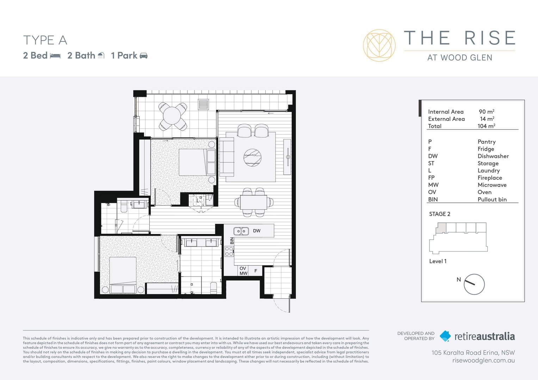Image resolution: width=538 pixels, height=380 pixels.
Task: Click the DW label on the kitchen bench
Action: click(x=256, y=231)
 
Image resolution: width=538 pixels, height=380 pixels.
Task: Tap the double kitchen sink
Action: click(x=241, y=231)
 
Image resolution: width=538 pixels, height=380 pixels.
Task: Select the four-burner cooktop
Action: click(x=229, y=251)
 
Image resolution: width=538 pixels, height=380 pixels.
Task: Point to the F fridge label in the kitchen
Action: click(x=256, y=271)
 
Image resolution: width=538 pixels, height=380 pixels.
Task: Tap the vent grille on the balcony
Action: click(x=203, y=104)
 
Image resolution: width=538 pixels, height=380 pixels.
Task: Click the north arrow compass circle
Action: click(x=474, y=284)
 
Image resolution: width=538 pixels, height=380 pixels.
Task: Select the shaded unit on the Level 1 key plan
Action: click(x=441, y=228)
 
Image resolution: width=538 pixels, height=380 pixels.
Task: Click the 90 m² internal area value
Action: click(x=486, y=112)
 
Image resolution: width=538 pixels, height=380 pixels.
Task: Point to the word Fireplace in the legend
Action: click(x=490, y=178)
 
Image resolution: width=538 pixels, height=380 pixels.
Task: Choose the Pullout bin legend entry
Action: click(x=492, y=199)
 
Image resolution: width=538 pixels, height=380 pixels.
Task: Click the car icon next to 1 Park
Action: click(x=144, y=56)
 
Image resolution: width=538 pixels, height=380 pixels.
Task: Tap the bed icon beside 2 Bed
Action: click(x=55, y=56)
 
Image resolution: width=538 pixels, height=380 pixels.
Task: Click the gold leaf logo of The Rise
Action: click(x=379, y=45)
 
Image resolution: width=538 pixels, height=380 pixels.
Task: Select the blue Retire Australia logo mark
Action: click(x=445, y=336)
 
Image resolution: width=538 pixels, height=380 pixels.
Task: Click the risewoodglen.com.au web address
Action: click(x=483, y=360)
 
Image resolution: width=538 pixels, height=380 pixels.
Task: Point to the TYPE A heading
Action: click(x=45, y=40)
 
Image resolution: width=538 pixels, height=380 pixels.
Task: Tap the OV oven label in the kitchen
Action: click(x=243, y=268)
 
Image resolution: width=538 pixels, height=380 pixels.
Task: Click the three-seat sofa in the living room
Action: click(x=227, y=157)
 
